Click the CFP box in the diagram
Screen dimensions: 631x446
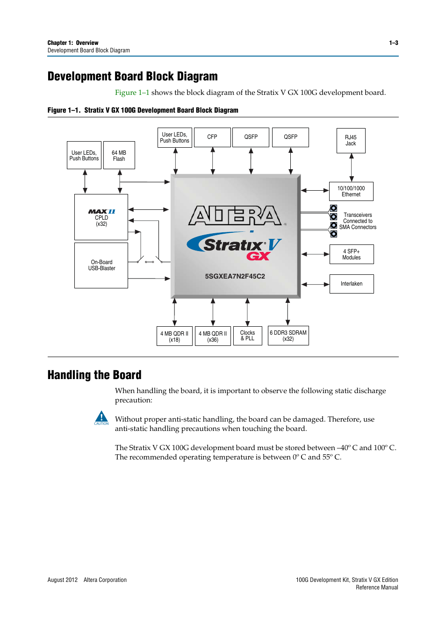click(212, 137)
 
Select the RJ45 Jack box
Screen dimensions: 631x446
click(351, 141)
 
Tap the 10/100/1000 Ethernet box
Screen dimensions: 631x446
click(351, 191)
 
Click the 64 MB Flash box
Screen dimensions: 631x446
click(119, 155)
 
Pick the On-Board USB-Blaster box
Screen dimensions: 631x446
click(101, 265)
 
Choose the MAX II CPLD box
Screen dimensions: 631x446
click(101, 217)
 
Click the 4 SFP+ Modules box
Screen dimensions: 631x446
click(351, 254)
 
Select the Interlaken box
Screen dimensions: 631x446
click(351, 284)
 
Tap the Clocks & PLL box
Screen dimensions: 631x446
click(247, 336)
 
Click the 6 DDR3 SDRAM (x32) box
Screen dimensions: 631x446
click(288, 336)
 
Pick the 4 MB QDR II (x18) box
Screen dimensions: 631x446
click(174, 336)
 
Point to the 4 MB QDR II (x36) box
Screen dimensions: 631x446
click(213, 336)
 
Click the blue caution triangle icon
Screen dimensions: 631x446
click(101, 417)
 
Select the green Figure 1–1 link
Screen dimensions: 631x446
click(132, 93)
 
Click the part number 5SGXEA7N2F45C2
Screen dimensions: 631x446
click(235, 276)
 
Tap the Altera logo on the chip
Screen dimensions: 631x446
click(235, 215)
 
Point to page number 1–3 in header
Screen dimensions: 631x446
click(393, 43)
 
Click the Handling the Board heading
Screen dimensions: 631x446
click(94, 375)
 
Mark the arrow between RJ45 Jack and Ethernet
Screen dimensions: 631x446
click(351, 167)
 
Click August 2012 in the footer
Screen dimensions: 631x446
click(63, 580)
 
